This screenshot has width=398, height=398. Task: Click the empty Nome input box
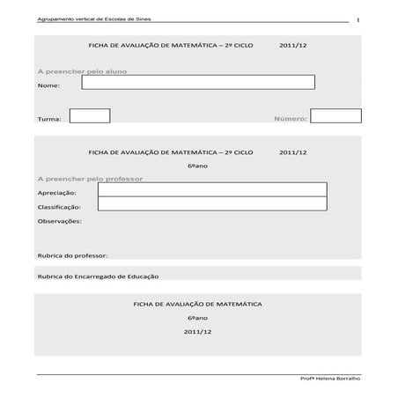(198, 83)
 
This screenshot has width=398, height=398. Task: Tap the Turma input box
(89, 115)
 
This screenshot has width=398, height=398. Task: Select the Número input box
(335, 115)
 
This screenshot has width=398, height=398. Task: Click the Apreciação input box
(212, 189)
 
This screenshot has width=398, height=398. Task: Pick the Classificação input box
(212, 204)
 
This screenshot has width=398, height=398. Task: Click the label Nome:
(48, 86)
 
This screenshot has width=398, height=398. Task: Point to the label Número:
(290, 118)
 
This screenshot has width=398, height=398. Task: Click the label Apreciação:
(56, 192)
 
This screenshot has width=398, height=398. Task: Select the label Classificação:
(59, 207)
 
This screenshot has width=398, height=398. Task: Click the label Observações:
(59, 221)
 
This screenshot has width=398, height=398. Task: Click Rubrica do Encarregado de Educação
(98, 276)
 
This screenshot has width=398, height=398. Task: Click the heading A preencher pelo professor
(90, 178)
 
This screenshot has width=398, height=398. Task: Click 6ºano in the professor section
(197, 166)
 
